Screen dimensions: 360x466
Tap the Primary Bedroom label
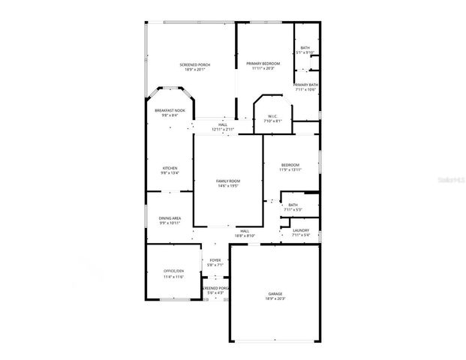click(263, 64)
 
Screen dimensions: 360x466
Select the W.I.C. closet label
click(273, 115)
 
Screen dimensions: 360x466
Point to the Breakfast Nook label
click(170, 110)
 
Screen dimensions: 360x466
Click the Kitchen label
click(170, 168)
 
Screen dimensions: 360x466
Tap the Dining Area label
click(170, 218)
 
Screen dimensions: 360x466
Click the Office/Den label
click(173, 271)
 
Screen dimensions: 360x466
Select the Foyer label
click(215, 259)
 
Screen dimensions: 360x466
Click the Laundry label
click(301, 230)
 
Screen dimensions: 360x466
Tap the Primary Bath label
click(305, 85)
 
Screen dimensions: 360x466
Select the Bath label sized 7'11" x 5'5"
click(293, 204)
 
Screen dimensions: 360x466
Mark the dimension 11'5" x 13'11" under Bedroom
click(290, 169)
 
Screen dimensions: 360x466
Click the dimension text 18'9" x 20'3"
click(275, 298)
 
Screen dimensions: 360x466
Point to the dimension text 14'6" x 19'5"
click(228, 186)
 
